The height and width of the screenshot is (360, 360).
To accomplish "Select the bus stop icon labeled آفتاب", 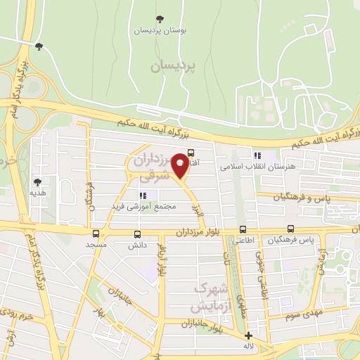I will tap(191, 152).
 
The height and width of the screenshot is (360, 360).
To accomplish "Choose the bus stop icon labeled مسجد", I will tap(96, 233).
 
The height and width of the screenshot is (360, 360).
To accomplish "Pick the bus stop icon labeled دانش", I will tap(136, 234).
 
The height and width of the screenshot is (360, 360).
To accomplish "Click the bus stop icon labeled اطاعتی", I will tap(243, 229).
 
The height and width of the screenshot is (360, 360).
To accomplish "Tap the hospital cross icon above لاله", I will tap(247, 336).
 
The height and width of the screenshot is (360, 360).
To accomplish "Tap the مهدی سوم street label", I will tap(303, 314).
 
